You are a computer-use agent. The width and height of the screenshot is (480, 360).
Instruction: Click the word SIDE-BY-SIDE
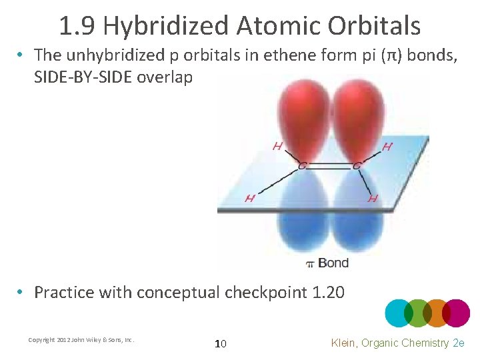click(83, 77)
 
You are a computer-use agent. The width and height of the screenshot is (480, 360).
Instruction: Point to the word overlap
click(165, 77)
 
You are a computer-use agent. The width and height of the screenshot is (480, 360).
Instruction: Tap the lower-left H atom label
click(250, 198)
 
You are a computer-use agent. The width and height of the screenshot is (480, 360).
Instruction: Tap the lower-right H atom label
click(373, 198)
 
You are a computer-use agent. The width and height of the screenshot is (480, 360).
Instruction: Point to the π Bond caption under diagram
click(327, 263)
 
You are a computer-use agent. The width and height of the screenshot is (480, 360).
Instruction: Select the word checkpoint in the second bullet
click(266, 292)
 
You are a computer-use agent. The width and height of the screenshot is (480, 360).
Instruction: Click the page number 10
click(220, 343)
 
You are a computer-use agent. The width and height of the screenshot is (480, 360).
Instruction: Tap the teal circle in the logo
click(399, 313)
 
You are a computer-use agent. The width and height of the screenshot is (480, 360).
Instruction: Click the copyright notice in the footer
click(81, 340)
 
